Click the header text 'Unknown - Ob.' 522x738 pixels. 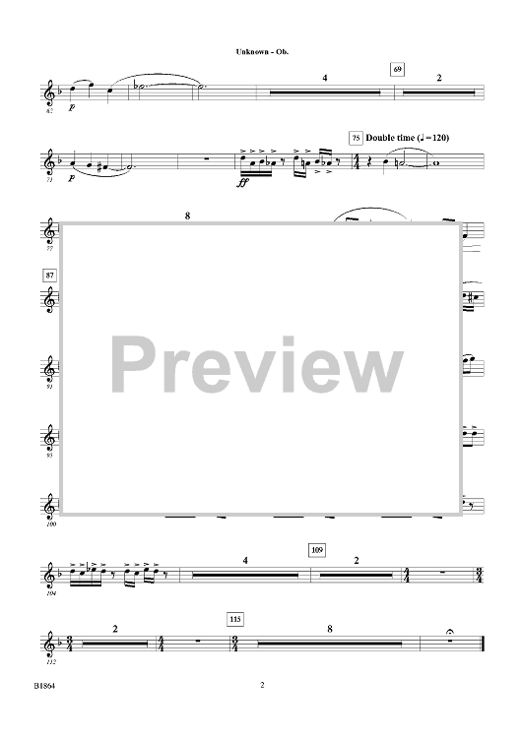click(x=262, y=52)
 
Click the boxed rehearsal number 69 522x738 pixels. click(x=398, y=70)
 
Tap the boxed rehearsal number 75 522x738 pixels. click(x=356, y=139)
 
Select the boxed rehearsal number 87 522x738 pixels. click(x=49, y=276)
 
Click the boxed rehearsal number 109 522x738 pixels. click(x=318, y=550)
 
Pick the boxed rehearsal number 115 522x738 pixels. click(x=235, y=619)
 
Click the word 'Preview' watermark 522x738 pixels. click(x=257, y=365)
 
